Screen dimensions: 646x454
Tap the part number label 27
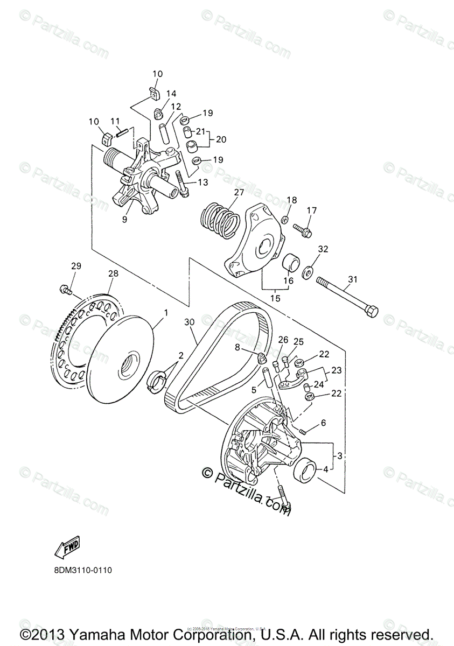coord(239,192)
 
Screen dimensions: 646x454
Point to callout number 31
coord(353,279)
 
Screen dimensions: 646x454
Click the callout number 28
coord(113,274)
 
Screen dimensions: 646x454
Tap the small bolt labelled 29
coord(65,290)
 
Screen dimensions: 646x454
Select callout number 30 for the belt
coord(188,322)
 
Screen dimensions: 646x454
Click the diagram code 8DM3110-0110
coord(82,570)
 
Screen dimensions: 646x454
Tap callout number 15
coord(275,297)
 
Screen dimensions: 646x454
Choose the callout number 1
coord(166,312)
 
